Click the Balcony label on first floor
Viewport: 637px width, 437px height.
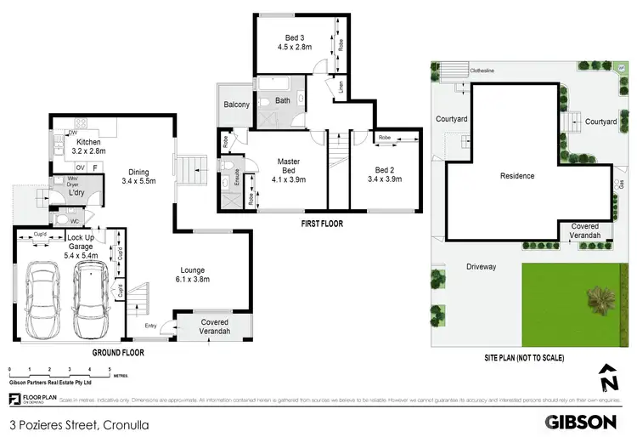[x=235, y=105]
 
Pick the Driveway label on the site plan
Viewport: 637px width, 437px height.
[x=480, y=266]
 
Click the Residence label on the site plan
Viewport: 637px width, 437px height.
[x=517, y=176]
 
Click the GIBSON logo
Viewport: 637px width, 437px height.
[x=580, y=421]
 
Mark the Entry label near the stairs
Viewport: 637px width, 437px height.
[x=151, y=325]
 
